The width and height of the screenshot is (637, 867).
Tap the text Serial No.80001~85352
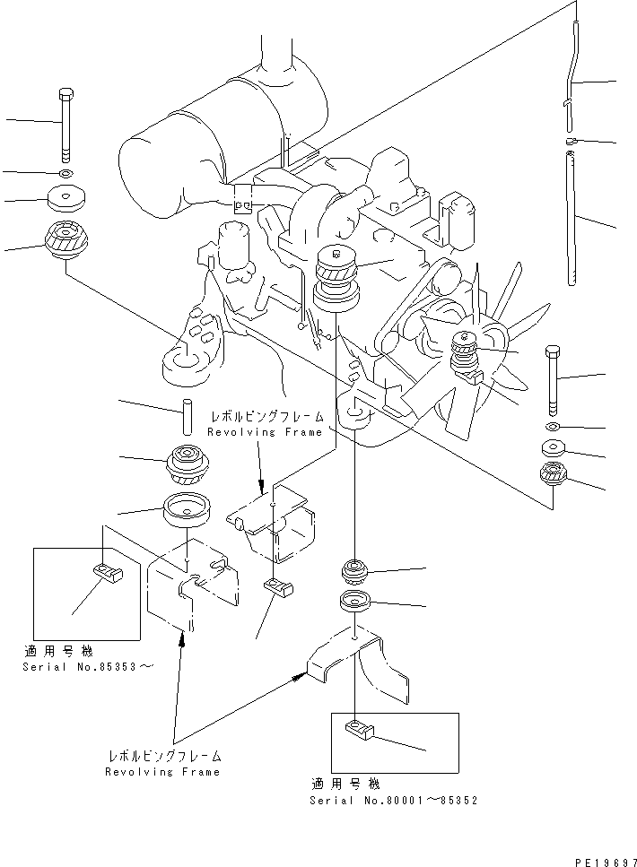(x=393, y=800)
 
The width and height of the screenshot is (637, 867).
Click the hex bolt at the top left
(x=65, y=121)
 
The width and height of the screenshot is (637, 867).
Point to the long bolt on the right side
(x=553, y=376)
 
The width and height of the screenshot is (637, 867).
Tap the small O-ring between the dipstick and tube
(x=571, y=141)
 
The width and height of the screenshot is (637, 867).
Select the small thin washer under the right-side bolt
(x=553, y=424)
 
